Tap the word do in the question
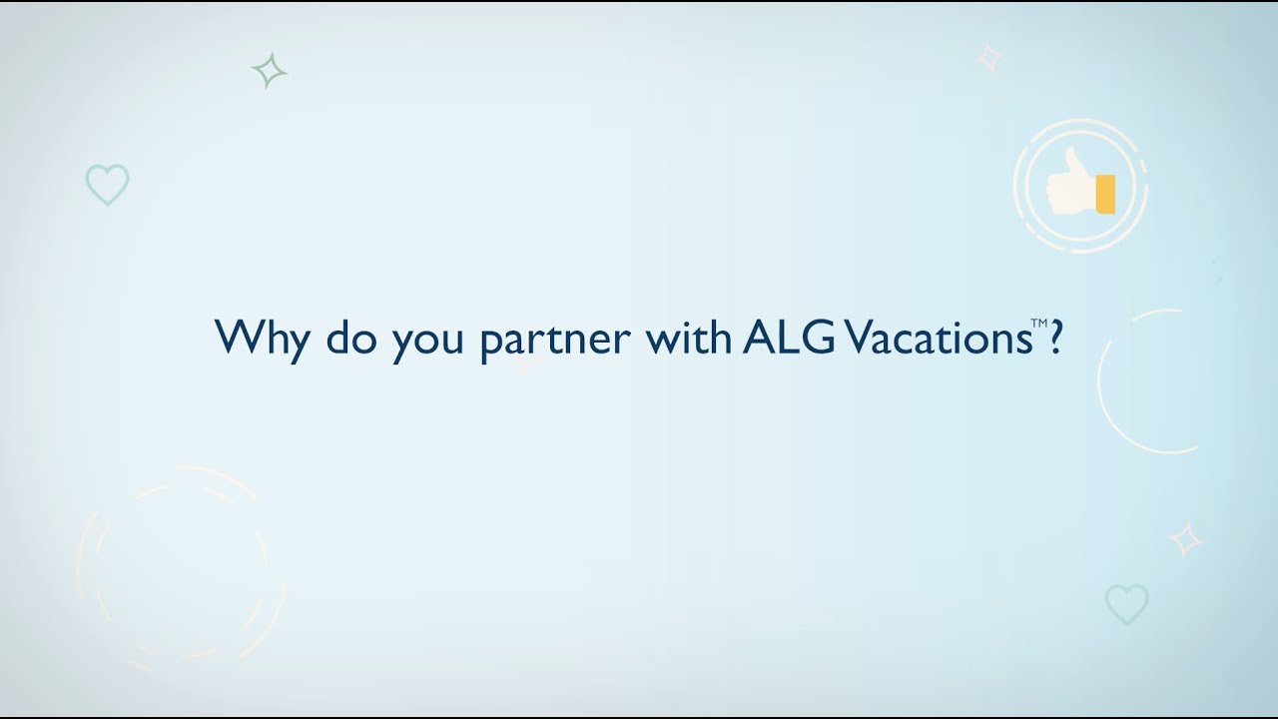pyautogui.click(x=348, y=338)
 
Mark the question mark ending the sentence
pyautogui.click(x=1054, y=337)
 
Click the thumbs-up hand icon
pyautogui.click(x=1078, y=186)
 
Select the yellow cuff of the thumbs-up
pyautogui.click(x=1104, y=193)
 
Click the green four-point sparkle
pyautogui.click(x=269, y=71)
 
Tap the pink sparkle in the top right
pyautogui.click(x=989, y=58)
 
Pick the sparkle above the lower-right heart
pyautogui.click(x=1186, y=539)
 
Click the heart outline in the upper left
pyautogui.click(x=107, y=185)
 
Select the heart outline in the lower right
pyautogui.click(x=1126, y=604)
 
